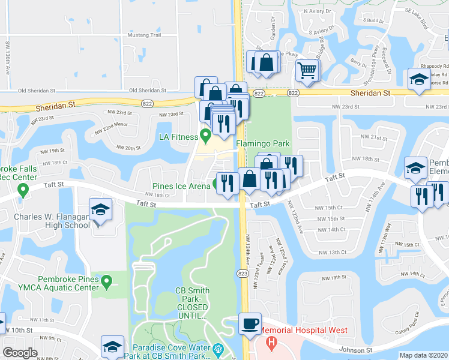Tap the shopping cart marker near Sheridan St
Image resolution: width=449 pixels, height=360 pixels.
[307, 71]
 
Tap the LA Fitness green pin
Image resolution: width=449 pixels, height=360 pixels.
[205, 134]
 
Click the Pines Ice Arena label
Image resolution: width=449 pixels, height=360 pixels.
[181, 185]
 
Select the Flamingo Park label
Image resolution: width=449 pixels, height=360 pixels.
[263, 144]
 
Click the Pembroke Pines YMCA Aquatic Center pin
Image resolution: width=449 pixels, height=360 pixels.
[107, 280]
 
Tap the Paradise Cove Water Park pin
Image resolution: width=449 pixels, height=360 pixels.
[217, 348]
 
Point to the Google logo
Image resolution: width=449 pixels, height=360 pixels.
[20, 353]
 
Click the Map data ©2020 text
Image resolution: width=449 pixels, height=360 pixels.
[423, 355]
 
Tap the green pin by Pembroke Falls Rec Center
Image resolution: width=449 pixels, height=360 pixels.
[23, 191]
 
